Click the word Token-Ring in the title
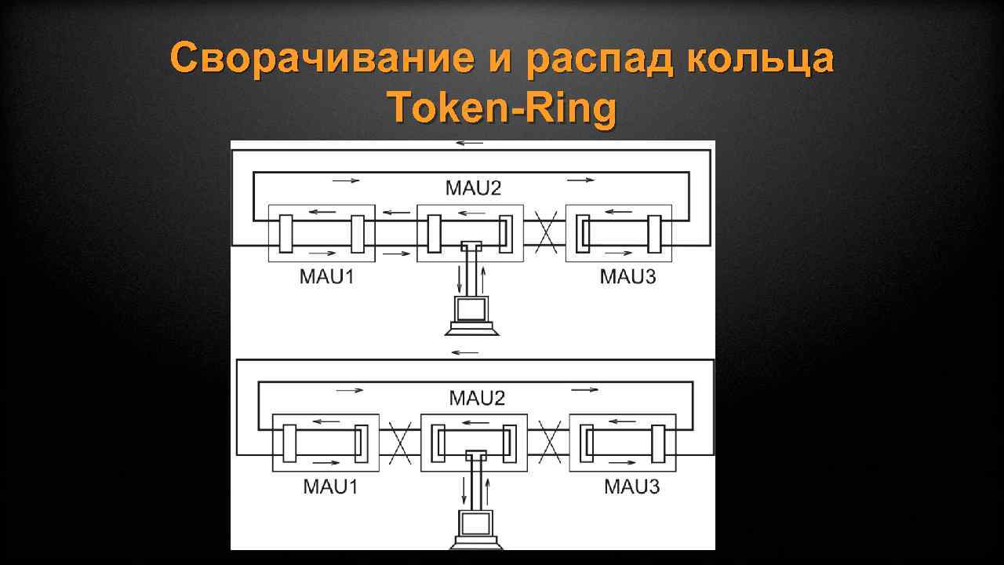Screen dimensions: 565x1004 click(502, 108)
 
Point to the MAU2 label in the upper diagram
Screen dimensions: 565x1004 click(472, 188)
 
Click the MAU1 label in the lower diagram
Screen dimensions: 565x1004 click(330, 487)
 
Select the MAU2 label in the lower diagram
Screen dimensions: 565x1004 click(476, 398)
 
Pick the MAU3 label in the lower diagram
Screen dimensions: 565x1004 click(631, 487)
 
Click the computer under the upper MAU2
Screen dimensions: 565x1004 click(471, 314)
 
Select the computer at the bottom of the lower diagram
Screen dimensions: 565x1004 click(475, 530)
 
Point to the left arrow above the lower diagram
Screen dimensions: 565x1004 click(465, 352)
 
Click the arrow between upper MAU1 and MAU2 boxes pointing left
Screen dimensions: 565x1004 click(396, 211)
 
